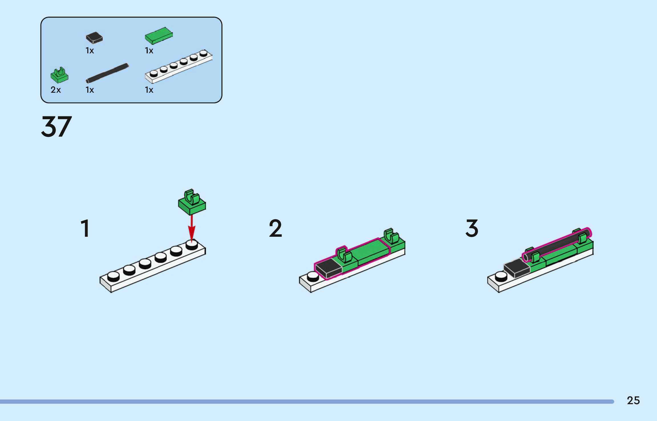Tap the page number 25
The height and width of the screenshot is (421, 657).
tap(633, 400)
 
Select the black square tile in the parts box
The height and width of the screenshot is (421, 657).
tap(94, 38)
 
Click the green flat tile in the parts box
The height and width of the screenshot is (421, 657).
tap(159, 36)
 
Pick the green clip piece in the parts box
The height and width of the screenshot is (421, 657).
tap(59, 75)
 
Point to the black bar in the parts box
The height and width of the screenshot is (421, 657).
tap(107, 73)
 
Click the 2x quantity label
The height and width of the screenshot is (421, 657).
tap(56, 90)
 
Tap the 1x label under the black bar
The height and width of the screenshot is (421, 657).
tap(90, 90)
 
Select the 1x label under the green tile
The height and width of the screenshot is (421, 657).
tap(149, 50)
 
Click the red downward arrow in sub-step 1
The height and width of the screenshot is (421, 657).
tap(192, 228)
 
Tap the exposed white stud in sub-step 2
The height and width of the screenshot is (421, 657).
tap(313, 276)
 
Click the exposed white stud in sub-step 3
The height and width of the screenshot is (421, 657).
tap(501, 276)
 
